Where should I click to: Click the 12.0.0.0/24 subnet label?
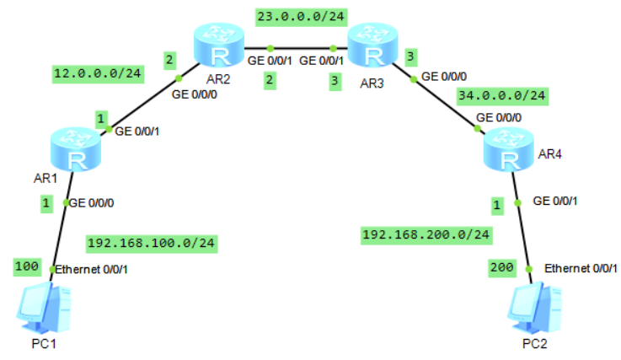point(97,73)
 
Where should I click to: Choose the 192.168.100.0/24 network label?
point(151,244)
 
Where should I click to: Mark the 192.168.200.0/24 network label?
point(426,234)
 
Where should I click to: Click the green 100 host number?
point(26,267)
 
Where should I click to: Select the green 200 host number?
point(503,267)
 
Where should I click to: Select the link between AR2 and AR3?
point(299,47)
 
